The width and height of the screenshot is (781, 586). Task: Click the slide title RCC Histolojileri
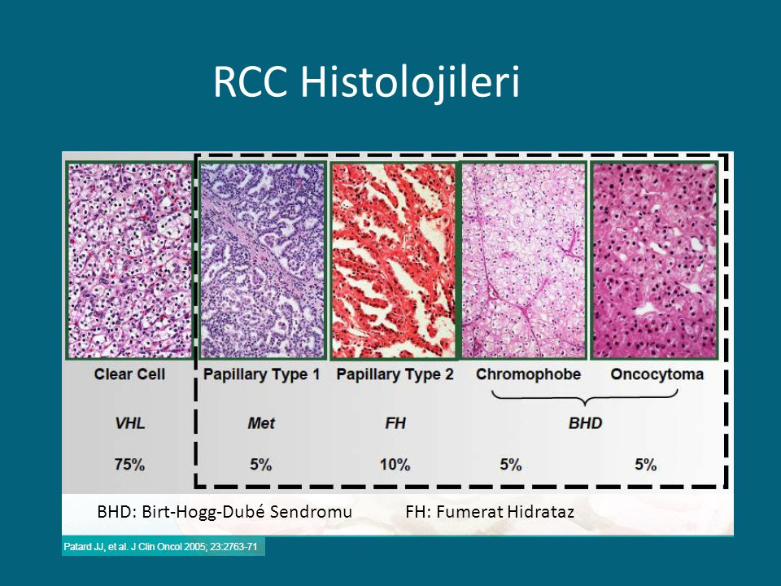(367, 81)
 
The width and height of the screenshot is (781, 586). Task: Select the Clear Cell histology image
(129, 260)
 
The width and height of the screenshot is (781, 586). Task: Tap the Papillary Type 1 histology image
(262, 260)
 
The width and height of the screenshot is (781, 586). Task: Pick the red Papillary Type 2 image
(394, 260)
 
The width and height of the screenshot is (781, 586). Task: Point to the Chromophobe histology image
(524, 260)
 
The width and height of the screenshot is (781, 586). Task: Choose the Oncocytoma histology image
(654, 260)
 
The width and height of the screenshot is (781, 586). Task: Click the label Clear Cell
(129, 374)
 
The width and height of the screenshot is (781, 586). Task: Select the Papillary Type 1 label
(261, 374)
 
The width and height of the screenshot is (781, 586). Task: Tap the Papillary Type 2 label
(395, 374)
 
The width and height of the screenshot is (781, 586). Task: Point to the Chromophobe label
(528, 374)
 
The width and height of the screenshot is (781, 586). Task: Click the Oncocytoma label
(657, 374)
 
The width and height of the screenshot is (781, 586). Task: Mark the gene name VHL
(130, 423)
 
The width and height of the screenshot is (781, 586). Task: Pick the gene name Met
(261, 423)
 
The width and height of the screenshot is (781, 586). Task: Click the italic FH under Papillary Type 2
(395, 423)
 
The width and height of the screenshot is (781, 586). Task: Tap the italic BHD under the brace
(585, 423)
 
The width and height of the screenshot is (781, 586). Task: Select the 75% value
(129, 465)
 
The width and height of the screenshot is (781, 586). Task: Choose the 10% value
(395, 465)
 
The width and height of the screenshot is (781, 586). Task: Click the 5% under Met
(260, 465)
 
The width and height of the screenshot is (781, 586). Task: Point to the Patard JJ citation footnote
(160, 547)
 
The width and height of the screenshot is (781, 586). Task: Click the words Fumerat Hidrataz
(505, 512)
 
